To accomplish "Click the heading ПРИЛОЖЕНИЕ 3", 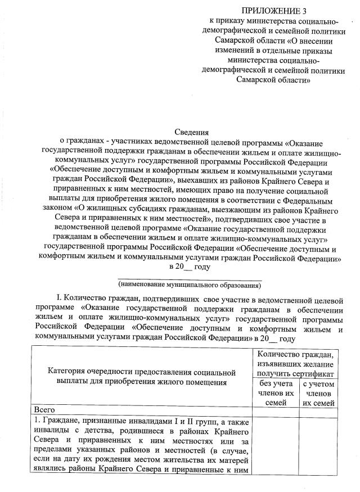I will (x=274, y=11).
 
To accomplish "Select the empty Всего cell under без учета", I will (x=274, y=409).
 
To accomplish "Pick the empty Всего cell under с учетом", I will (x=318, y=409).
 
